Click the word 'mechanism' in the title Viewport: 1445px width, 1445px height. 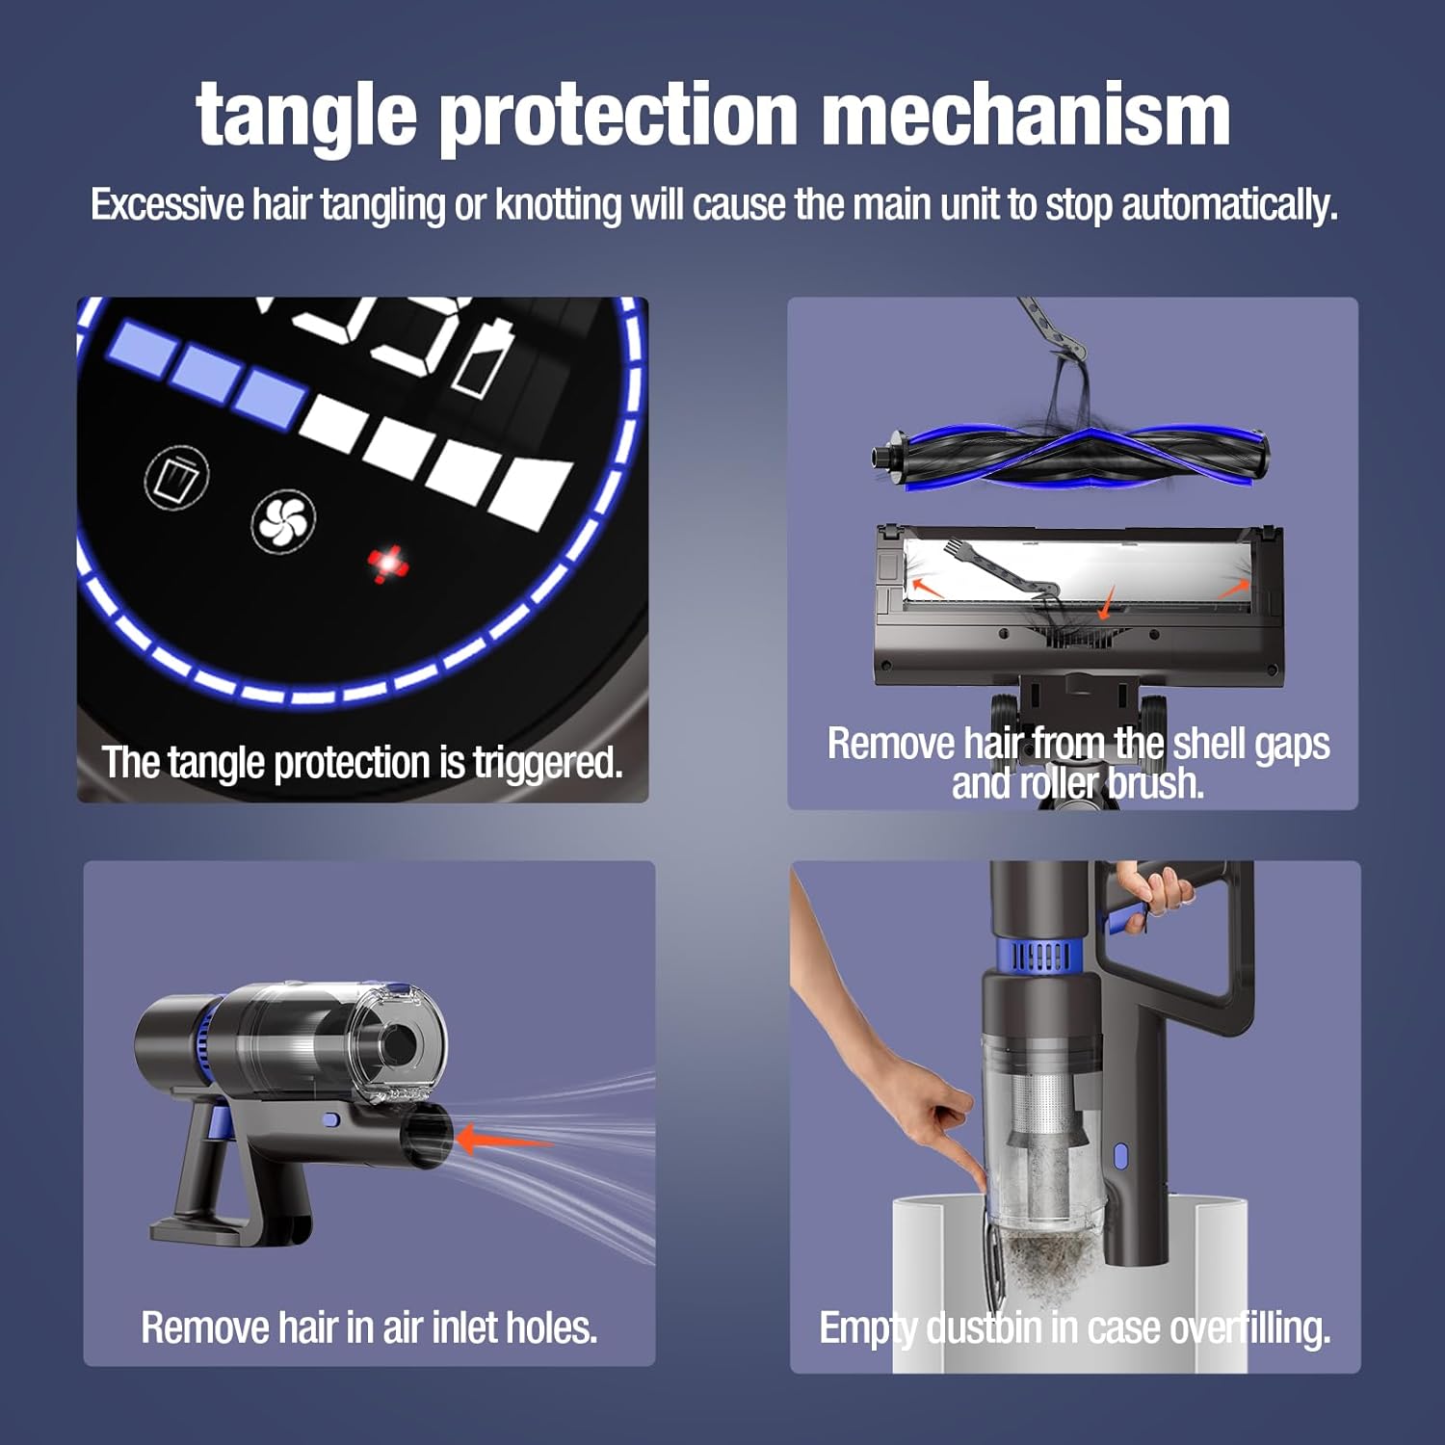point(1026,116)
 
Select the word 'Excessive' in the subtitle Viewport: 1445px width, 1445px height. point(168,205)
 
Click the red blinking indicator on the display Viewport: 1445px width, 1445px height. point(388,564)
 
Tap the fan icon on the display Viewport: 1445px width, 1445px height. point(283,522)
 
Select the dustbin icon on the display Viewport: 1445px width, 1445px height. point(177,478)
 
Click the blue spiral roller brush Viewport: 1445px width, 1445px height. point(1069,456)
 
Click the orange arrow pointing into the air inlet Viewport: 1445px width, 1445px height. point(501,1140)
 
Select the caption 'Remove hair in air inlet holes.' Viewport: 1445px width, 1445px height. point(369,1327)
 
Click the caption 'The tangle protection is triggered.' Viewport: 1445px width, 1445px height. point(362,762)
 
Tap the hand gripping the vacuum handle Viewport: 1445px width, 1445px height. point(1156,891)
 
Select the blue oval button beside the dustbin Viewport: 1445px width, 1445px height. point(1120,1156)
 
